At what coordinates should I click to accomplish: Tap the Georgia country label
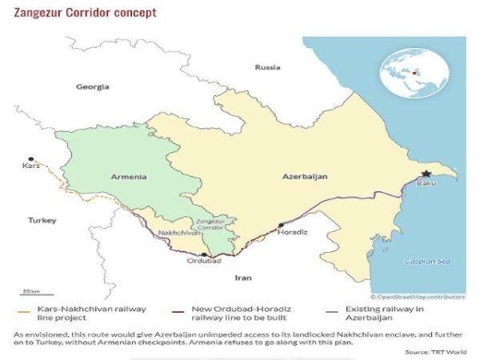point(92,86)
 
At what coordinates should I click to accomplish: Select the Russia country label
point(267,68)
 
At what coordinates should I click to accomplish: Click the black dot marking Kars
point(31,159)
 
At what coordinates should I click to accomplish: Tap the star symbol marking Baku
point(426,174)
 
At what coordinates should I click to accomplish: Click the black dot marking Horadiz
point(281,226)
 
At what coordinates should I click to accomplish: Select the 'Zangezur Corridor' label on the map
point(210,223)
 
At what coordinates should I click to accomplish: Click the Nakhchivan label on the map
point(175,233)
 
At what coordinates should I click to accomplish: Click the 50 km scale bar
point(32,295)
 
